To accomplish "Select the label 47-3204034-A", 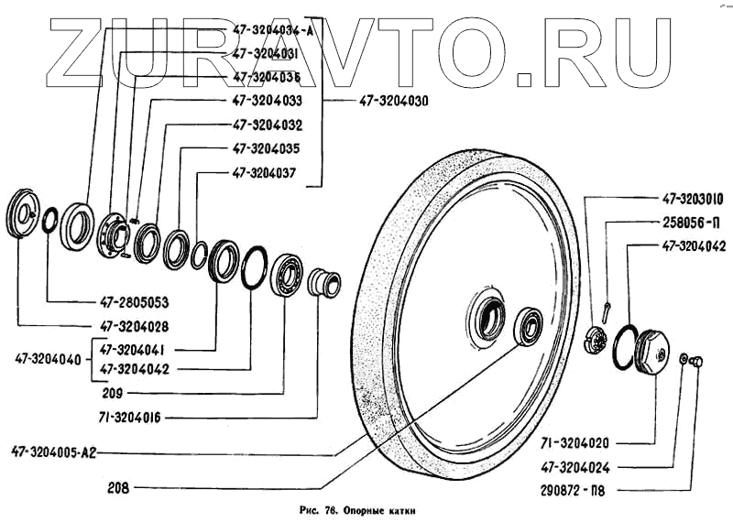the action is pyautogui.click(x=272, y=30).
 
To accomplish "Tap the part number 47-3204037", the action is pyautogui.click(x=264, y=170).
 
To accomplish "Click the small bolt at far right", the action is pyautogui.click(x=697, y=364).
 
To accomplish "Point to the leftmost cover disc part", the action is pyautogui.click(x=23, y=217).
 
